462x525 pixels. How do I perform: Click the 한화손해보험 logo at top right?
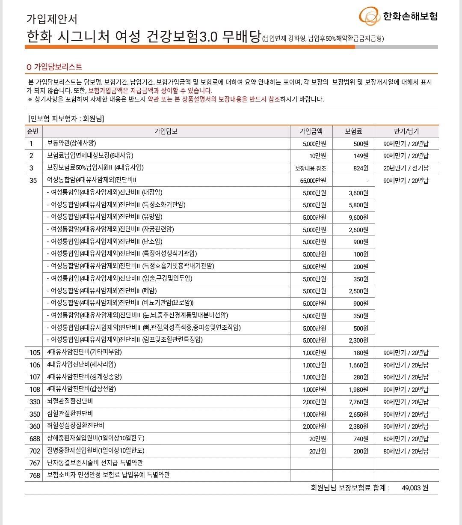tap(398, 17)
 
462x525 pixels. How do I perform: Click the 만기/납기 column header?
tap(406, 131)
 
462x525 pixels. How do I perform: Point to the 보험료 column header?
tap(353, 131)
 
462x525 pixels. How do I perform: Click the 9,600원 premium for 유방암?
tap(358, 217)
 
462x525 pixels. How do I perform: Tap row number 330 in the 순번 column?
tap(35, 402)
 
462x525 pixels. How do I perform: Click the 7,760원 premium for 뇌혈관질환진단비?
tap(358, 402)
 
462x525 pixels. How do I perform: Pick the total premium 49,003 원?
tap(415, 488)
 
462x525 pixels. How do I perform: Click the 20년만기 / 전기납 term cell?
tap(406, 168)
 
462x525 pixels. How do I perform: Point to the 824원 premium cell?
tap(361, 168)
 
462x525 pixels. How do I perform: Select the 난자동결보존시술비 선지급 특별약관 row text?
tap(95, 463)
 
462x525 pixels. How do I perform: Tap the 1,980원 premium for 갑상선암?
tap(358, 390)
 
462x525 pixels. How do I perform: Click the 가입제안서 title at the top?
tap(52, 19)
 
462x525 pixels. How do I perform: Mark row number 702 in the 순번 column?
tap(35, 451)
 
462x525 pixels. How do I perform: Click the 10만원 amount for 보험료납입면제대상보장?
tap(317, 156)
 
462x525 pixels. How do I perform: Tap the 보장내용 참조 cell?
tap(311, 168)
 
